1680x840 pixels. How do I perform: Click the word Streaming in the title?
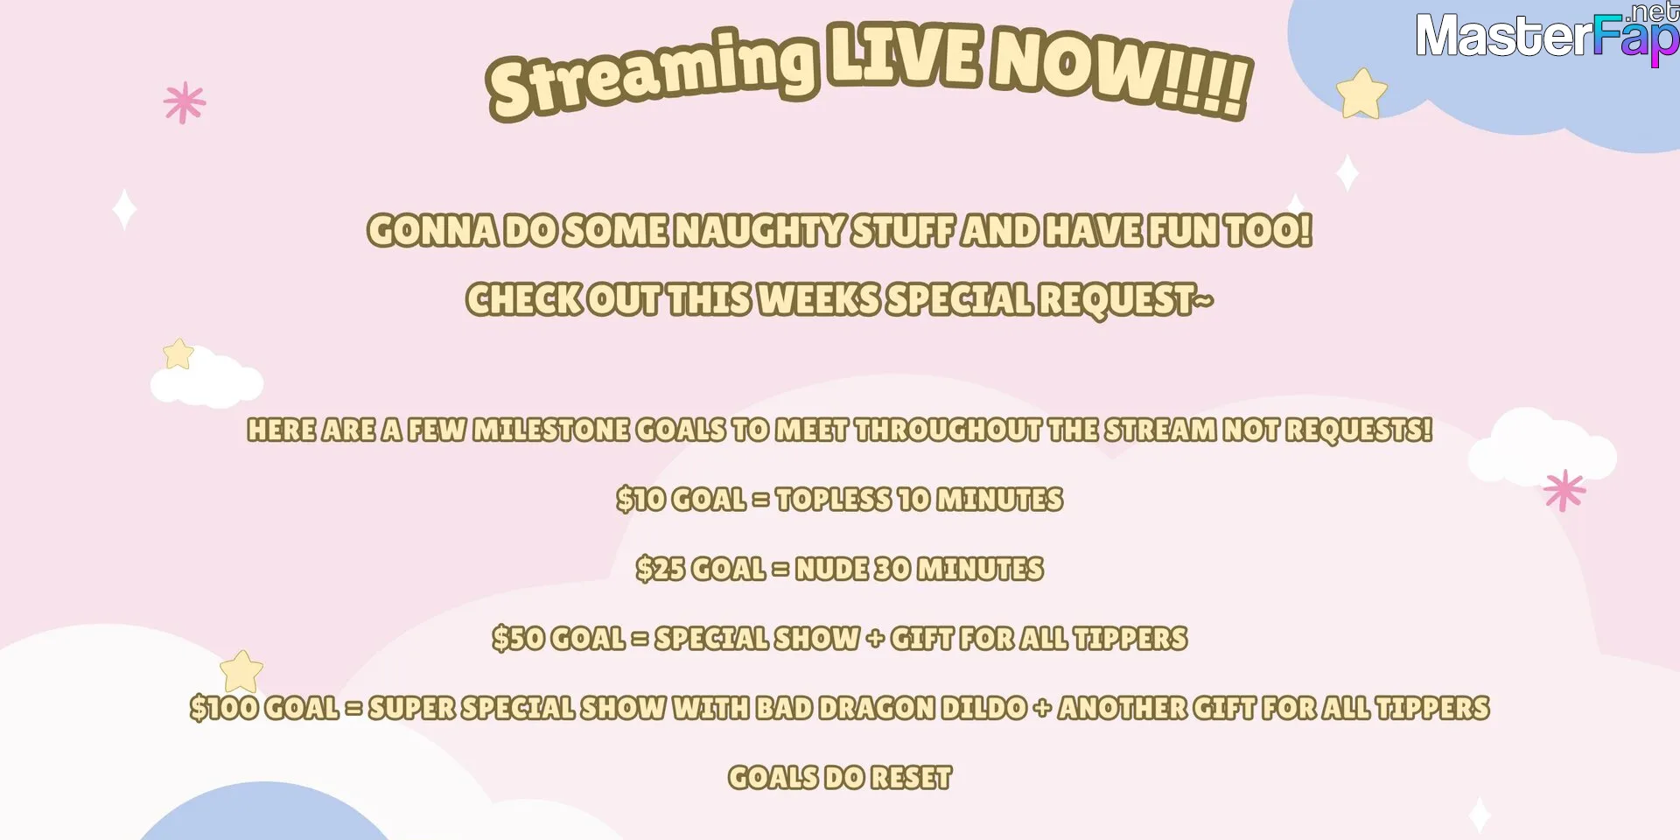pyautogui.click(x=652, y=75)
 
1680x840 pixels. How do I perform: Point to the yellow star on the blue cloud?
pyautogui.click(x=1361, y=94)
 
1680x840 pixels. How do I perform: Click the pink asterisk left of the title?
pyautogui.click(x=185, y=103)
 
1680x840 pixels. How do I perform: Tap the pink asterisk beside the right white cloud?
pyautogui.click(x=1564, y=490)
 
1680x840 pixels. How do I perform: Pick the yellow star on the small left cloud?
pyautogui.click(x=178, y=353)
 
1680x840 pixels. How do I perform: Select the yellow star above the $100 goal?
pyautogui.click(x=241, y=671)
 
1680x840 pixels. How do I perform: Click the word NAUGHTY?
pyautogui.click(x=760, y=231)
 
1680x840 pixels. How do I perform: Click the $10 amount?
pyautogui.click(x=640, y=499)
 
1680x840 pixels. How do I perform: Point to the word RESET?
pyautogui.click(x=911, y=777)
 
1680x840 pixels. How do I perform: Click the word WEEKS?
pyautogui.click(x=818, y=299)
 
